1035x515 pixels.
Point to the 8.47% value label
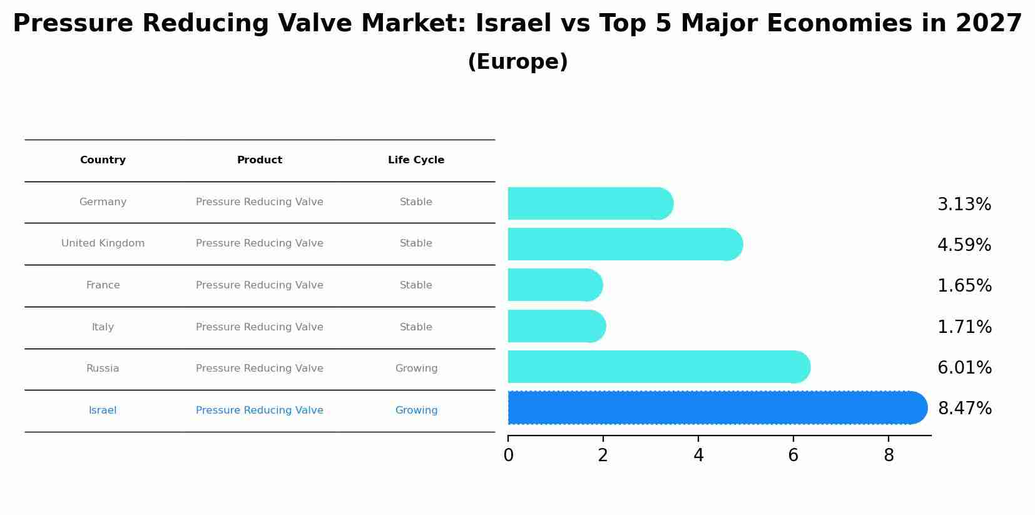[964, 409]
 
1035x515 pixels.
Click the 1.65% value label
[964, 286]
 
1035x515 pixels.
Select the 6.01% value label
[964, 368]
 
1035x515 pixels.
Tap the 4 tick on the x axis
[698, 456]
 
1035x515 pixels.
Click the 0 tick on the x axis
[508, 456]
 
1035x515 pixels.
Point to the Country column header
[103, 160]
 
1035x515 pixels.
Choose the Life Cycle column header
[416, 160]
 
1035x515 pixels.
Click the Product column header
[260, 160]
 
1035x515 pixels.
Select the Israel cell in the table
[103, 410]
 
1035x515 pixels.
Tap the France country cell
[103, 285]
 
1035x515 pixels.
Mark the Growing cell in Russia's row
[416, 369]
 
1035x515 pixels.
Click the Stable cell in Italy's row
[416, 327]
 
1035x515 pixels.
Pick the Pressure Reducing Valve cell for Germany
[260, 202]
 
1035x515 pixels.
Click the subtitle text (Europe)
[517, 62]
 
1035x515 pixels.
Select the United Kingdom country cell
[103, 243]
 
